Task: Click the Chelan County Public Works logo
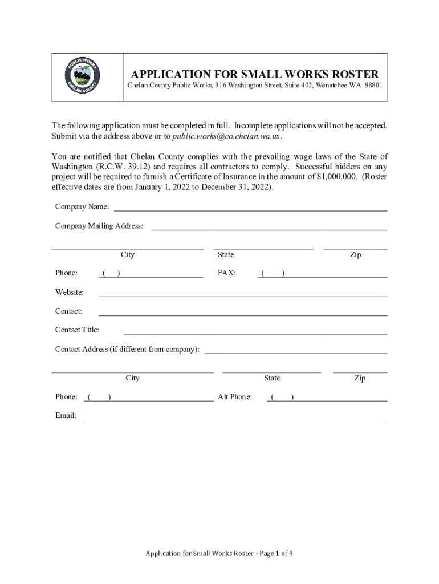pyautogui.click(x=83, y=76)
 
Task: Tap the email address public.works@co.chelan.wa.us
pyautogui.click(x=226, y=136)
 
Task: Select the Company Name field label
pyautogui.click(x=82, y=206)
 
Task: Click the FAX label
pyautogui.click(x=226, y=273)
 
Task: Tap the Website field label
pyautogui.click(x=69, y=293)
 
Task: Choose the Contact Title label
pyautogui.click(x=77, y=330)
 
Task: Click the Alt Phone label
pyautogui.click(x=234, y=397)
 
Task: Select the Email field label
pyautogui.click(x=66, y=416)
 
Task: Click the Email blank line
pyautogui.click(x=235, y=419)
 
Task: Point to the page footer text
pyautogui.click(x=219, y=553)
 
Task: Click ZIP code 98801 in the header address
pyautogui.click(x=372, y=85)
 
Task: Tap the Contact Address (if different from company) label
pyautogui.click(x=127, y=349)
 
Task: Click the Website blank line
pyautogui.click(x=243, y=296)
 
